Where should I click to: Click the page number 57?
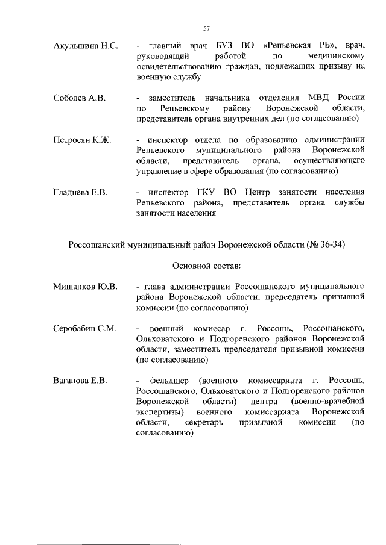click(x=206, y=28)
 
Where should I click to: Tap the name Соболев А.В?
click(x=80, y=98)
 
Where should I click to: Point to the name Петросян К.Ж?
click(x=82, y=139)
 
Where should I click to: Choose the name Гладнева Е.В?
click(x=80, y=192)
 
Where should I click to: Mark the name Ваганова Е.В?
click(x=80, y=381)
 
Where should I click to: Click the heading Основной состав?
click(x=206, y=265)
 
